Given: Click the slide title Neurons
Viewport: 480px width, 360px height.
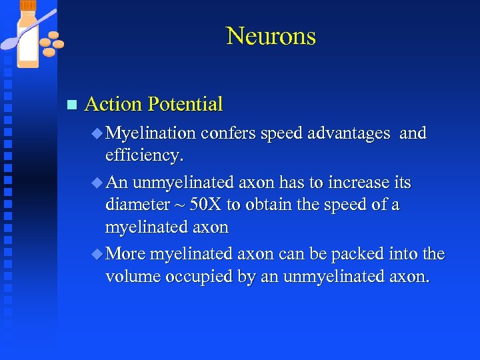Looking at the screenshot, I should (271, 36).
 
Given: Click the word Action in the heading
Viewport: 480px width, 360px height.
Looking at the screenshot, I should (113, 104).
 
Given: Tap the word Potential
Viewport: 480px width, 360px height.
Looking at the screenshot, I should (185, 104).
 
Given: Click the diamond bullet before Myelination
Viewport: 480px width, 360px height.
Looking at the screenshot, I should (97, 134).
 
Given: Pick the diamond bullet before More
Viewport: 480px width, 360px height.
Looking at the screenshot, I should (97, 255).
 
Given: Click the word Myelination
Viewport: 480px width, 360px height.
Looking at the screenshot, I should (150, 134).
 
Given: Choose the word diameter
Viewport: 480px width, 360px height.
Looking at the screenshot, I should (137, 205).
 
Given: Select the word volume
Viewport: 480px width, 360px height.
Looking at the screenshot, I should (131, 276).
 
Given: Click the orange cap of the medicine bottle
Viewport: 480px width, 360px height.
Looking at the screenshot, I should (28, 5).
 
